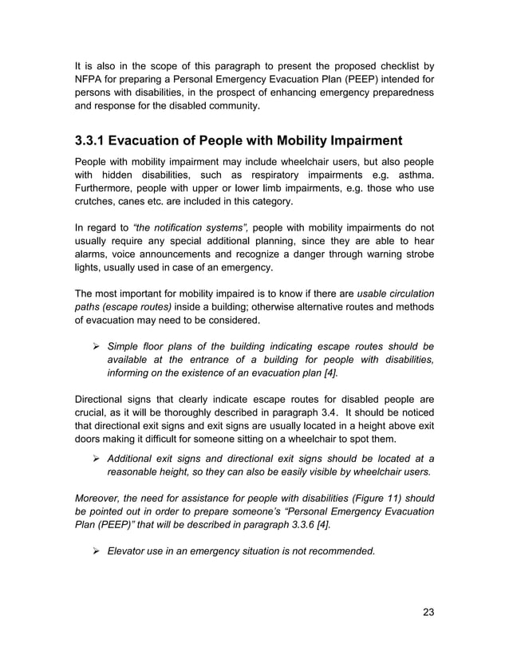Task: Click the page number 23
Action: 428,613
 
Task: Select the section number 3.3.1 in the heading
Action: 88,142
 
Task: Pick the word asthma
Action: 413,175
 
